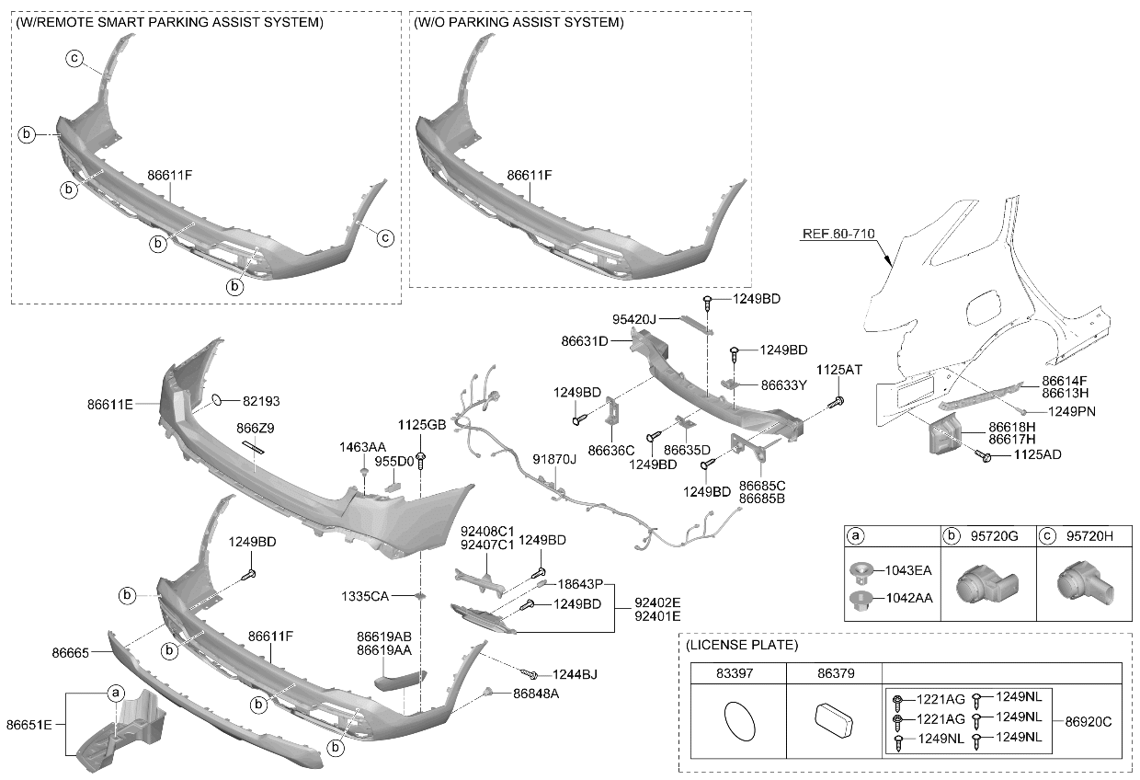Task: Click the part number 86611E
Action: [x=110, y=405]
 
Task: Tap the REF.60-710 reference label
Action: [x=838, y=234]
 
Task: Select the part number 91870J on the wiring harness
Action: [x=554, y=459]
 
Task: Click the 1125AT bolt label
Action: [x=839, y=370]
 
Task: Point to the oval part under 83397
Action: [x=739, y=721]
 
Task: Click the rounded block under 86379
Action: [x=834, y=720]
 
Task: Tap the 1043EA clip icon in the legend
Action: [x=861, y=569]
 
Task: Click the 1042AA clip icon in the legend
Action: [x=861, y=599]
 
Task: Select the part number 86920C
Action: [x=1089, y=721]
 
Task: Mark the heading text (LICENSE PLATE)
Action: [x=742, y=645]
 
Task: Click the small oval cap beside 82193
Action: [x=217, y=400]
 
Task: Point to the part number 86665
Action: [x=70, y=653]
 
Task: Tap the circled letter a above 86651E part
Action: [x=116, y=693]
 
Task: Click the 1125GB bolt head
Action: [x=421, y=457]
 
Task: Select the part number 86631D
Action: [x=585, y=341]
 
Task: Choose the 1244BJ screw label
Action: [x=576, y=674]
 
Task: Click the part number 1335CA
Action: [x=365, y=596]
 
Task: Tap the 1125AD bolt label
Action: [x=1038, y=454]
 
